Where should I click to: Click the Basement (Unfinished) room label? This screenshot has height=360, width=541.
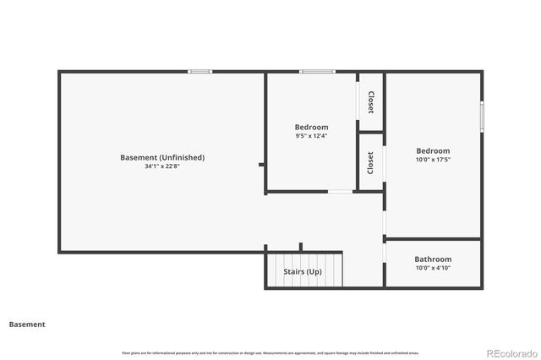tap(162, 157)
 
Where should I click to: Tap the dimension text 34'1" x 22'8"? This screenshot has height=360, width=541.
tap(162, 166)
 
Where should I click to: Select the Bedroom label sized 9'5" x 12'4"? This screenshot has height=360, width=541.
tap(311, 127)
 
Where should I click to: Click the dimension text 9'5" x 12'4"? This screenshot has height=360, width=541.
tap(311, 136)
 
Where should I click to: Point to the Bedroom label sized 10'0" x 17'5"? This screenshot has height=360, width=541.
tap(433, 150)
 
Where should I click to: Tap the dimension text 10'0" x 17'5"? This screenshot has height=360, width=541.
tap(433, 160)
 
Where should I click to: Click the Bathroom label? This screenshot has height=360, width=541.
tap(433, 259)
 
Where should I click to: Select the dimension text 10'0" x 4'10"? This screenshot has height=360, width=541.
tap(433, 269)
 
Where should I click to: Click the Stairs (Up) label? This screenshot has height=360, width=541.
tap(303, 272)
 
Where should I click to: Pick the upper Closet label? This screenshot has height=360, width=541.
tap(371, 102)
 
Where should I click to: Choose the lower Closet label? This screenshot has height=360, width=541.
tap(371, 162)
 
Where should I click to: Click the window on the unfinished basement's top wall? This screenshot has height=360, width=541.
tap(200, 72)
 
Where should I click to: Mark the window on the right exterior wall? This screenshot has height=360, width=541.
tap(482, 117)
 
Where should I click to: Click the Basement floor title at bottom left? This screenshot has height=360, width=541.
tap(27, 325)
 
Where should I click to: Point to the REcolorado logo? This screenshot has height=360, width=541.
tap(510, 352)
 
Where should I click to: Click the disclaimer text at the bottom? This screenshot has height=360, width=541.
tap(270, 352)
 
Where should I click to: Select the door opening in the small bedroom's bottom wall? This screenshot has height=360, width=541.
tap(341, 192)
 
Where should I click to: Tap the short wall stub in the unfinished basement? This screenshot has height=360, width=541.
tap(262, 165)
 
